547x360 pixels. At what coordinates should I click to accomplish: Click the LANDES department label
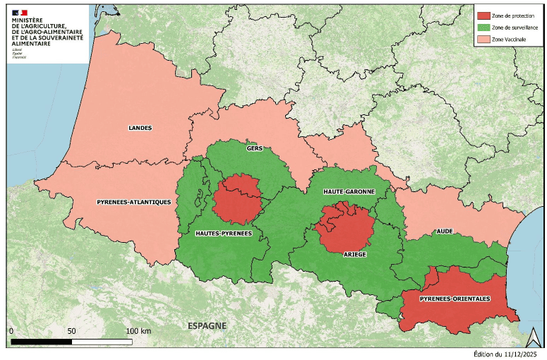[x=140, y=128]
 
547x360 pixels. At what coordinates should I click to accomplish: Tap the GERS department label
[x=255, y=149]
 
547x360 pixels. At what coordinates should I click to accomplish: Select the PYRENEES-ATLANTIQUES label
[x=133, y=202]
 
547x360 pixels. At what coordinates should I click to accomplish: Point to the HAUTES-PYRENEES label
[x=224, y=233]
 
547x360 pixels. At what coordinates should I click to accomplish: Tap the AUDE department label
[x=445, y=231]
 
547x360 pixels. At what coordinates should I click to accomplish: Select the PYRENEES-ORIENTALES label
[x=455, y=299]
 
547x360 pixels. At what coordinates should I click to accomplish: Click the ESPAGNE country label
[x=207, y=325]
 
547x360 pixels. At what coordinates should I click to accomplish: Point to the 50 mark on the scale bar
[x=71, y=331]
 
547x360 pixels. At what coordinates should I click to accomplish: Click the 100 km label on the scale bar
[x=138, y=331]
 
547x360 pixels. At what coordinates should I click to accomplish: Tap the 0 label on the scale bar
[x=12, y=331]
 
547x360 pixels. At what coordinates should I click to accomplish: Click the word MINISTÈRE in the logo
[x=29, y=21]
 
